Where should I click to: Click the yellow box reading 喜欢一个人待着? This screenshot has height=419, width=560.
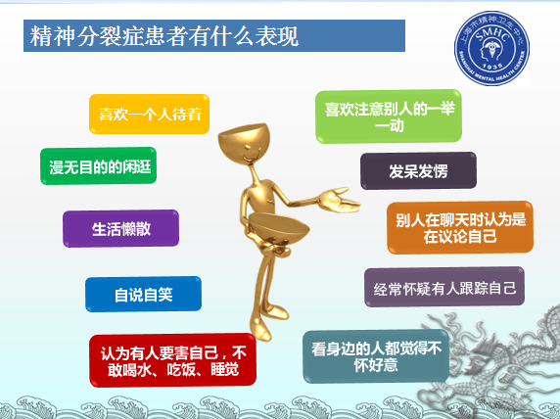(x=149, y=114)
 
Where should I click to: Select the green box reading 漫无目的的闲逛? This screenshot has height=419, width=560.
(x=99, y=166)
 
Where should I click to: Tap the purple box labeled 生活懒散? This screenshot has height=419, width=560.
(x=121, y=229)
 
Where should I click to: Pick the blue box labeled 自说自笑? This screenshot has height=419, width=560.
(x=143, y=295)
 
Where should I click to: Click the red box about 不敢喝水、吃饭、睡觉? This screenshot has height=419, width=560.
(x=173, y=360)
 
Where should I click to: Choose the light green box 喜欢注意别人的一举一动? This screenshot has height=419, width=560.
(x=389, y=116)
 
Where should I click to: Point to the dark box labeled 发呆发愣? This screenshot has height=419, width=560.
(x=419, y=170)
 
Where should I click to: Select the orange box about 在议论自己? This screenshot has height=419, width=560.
(x=460, y=228)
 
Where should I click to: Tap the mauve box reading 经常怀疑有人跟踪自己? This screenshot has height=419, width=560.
(x=444, y=287)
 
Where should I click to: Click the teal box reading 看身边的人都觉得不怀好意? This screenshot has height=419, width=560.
(x=376, y=356)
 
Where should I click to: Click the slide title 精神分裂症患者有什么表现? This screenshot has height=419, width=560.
(x=164, y=36)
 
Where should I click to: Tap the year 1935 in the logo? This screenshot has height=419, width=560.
(x=492, y=67)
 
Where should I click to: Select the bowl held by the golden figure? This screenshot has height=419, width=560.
(x=279, y=227)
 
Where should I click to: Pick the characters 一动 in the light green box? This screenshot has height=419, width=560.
(x=390, y=125)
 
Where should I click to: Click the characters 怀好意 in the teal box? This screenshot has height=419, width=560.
(x=376, y=365)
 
